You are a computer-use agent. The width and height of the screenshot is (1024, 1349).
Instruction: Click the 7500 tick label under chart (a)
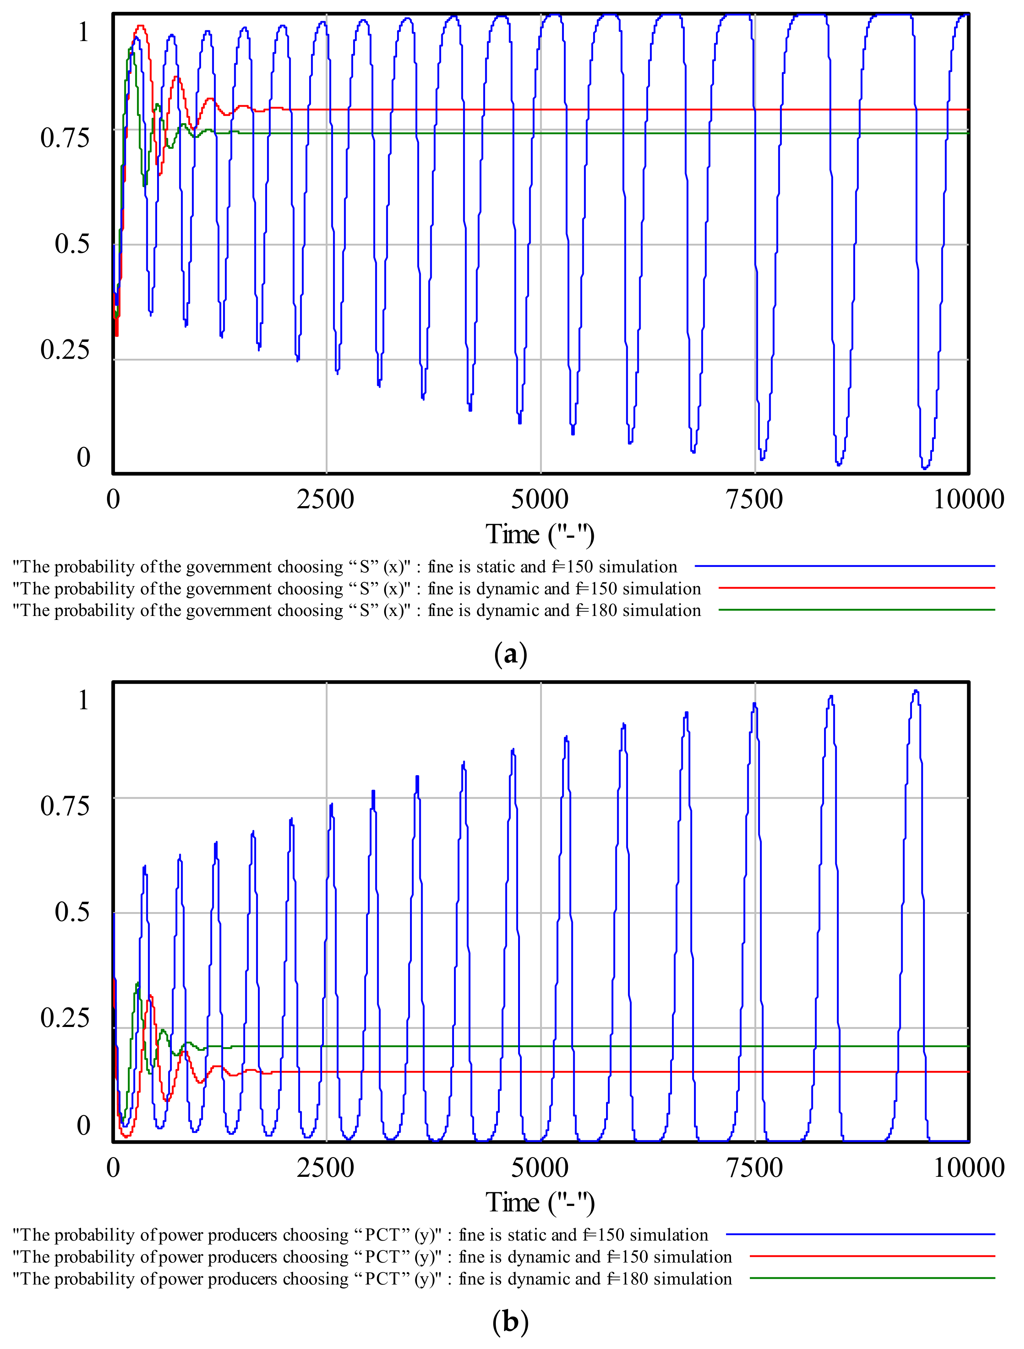click(754, 500)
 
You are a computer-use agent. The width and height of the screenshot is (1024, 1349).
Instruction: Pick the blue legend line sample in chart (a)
click(844, 566)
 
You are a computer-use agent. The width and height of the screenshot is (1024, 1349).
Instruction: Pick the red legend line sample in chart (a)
click(856, 588)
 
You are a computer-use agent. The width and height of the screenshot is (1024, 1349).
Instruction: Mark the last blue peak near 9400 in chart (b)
click(916, 691)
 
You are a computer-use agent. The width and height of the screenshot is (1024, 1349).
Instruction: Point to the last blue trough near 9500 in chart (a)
click(925, 468)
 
